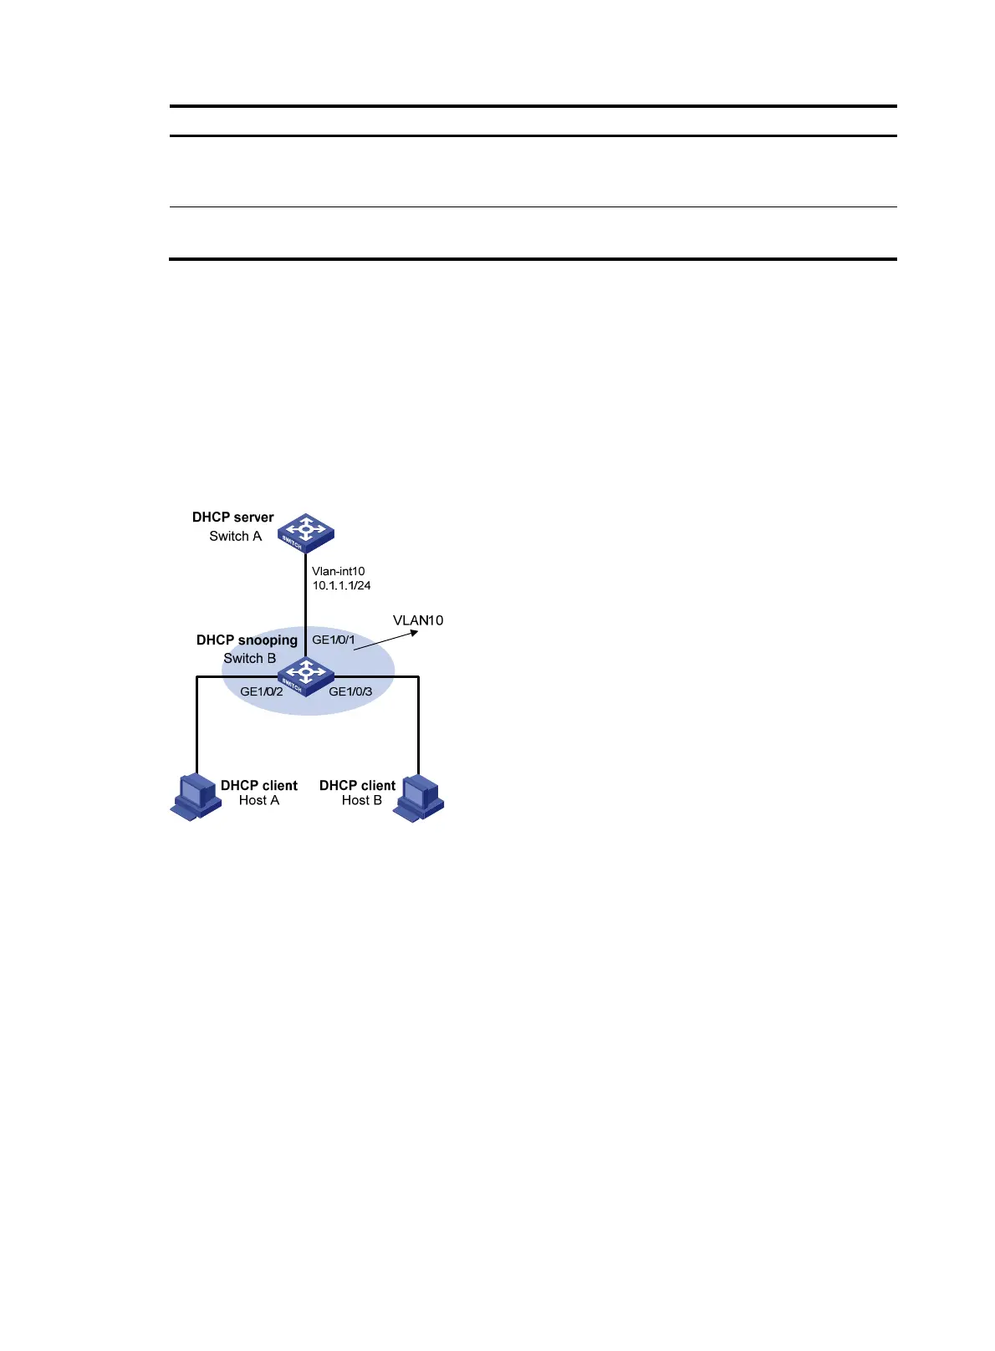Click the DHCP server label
click(232, 517)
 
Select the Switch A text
click(235, 537)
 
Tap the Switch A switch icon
click(306, 533)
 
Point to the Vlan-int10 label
click(338, 572)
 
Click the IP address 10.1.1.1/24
click(341, 586)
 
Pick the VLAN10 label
click(418, 620)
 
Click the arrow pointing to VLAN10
click(385, 640)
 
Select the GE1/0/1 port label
click(334, 640)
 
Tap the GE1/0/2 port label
click(261, 692)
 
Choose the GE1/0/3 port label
click(350, 692)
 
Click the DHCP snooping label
click(247, 640)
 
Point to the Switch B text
click(249, 659)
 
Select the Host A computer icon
click(196, 798)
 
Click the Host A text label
click(258, 801)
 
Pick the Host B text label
click(361, 801)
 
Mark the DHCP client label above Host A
click(258, 786)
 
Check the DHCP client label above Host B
click(357, 786)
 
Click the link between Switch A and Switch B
click(305, 602)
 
